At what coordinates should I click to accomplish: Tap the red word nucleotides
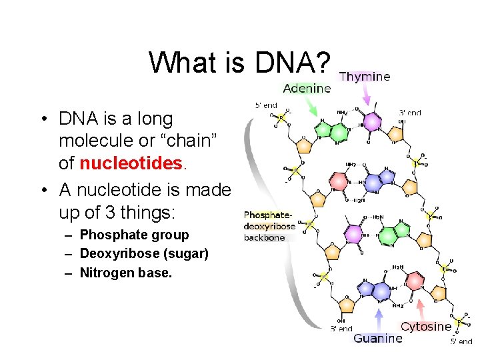131,163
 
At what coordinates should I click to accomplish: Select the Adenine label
307,88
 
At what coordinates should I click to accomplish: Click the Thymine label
365,77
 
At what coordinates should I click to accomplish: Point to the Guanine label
378,338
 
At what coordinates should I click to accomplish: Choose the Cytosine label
426,327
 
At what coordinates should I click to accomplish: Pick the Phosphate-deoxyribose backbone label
269,226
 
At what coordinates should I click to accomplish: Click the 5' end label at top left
266,105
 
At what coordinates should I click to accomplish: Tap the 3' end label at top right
410,113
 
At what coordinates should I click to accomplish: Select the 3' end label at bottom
341,329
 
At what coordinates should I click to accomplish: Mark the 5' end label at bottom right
461,341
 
